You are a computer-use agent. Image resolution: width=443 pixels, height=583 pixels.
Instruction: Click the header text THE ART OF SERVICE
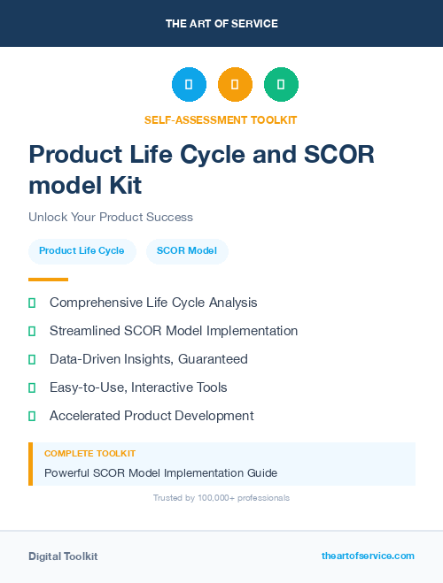221,24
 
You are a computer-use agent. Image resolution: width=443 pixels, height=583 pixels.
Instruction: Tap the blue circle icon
189,84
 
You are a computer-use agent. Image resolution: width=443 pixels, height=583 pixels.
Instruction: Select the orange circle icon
235,84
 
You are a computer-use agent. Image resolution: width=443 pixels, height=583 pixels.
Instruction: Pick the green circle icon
281,84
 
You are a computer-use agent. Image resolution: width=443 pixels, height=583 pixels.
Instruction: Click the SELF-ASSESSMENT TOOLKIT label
221,119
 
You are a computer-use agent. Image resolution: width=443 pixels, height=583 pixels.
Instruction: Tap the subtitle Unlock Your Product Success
111,217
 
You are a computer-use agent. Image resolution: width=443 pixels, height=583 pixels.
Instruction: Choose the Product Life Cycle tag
82,250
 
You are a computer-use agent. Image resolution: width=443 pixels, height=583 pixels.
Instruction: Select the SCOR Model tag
187,250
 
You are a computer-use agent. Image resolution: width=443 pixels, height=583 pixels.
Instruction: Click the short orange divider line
48,279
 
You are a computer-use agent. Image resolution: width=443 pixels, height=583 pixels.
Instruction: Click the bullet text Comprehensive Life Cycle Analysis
153,303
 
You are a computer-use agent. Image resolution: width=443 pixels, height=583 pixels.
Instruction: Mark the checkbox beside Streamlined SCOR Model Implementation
32,331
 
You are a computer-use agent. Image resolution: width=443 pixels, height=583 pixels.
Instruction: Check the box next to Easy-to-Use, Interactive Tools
32,387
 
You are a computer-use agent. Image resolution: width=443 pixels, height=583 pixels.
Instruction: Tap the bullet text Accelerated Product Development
152,416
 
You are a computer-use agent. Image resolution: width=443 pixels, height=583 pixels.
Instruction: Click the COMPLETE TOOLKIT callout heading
89,454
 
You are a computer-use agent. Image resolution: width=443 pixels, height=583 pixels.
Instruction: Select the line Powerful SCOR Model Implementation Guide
160,472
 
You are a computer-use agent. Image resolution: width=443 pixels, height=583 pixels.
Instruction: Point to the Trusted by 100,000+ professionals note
221,498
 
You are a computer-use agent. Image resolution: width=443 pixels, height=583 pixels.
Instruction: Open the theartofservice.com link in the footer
368,556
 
